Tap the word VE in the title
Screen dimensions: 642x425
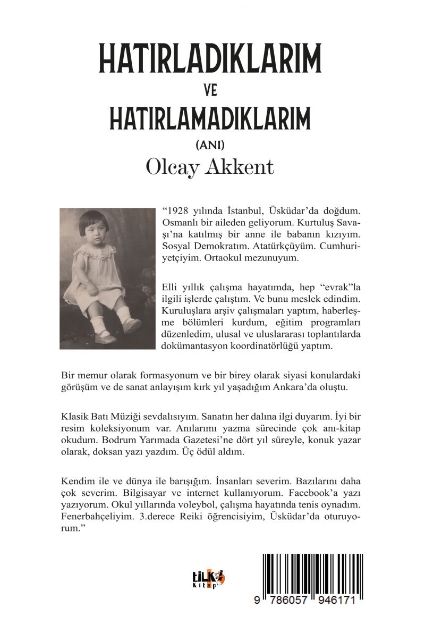pyautogui.click(x=211, y=91)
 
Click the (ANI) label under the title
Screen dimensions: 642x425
pyautogui.click(x=211, y=144)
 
